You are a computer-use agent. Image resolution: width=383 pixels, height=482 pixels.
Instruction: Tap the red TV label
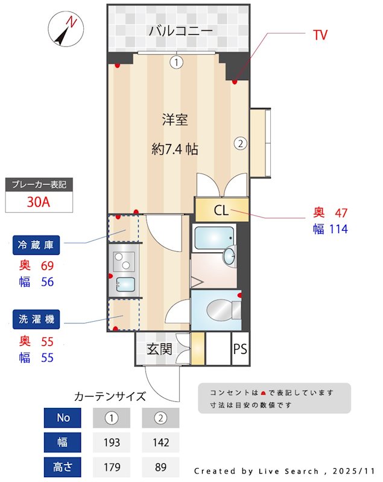[320, 35]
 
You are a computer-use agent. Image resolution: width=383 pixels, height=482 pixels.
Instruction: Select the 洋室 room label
[175, 120]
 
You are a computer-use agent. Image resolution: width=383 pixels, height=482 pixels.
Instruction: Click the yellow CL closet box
[221, 210]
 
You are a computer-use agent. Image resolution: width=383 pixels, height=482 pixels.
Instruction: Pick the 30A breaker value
[39, 201]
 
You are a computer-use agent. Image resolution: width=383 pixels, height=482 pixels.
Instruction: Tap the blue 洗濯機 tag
[37, 319]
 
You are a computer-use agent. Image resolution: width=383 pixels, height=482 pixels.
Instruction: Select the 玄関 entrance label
[160, 349]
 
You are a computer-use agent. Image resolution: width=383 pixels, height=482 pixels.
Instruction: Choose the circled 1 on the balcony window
[176, 61]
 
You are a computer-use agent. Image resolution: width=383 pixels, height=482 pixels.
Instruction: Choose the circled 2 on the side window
[240, 143]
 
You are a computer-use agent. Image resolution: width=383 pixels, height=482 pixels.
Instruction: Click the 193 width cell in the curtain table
[112, 442]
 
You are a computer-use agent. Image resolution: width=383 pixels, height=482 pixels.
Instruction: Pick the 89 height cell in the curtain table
[160, 466]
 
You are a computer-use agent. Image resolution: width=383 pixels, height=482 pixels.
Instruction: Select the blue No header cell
[63, 418]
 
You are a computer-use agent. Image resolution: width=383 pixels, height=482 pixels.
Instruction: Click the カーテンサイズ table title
[110, 396]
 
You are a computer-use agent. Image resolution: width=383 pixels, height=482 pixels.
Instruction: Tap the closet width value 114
[338, 229]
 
